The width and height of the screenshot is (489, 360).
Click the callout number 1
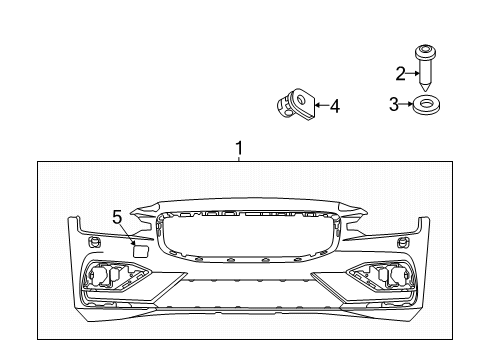pos(239,149)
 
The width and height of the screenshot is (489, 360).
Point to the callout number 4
pos(334,104)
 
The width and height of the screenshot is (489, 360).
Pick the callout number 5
pos(116,215)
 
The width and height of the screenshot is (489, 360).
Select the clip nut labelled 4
pos(292,104)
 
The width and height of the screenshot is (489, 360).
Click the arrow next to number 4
pos(318,104)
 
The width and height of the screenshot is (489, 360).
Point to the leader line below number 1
pos(239,158)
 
